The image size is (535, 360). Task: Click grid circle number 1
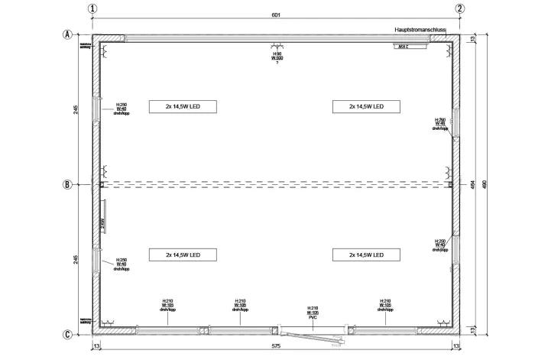(x=93, y=9)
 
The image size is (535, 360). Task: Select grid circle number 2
(x=460, y=9)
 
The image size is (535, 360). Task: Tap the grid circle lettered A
(x=68, y=34)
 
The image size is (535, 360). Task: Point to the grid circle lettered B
(x=68, y=184)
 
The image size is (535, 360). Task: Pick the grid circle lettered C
(x=68, y=334)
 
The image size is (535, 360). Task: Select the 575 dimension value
(x=276, y=346)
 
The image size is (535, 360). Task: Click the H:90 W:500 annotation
(x=277, y=56)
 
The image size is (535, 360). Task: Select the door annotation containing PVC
(x=312, y=313)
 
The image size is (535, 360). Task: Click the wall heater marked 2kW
(x=102, y=221)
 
